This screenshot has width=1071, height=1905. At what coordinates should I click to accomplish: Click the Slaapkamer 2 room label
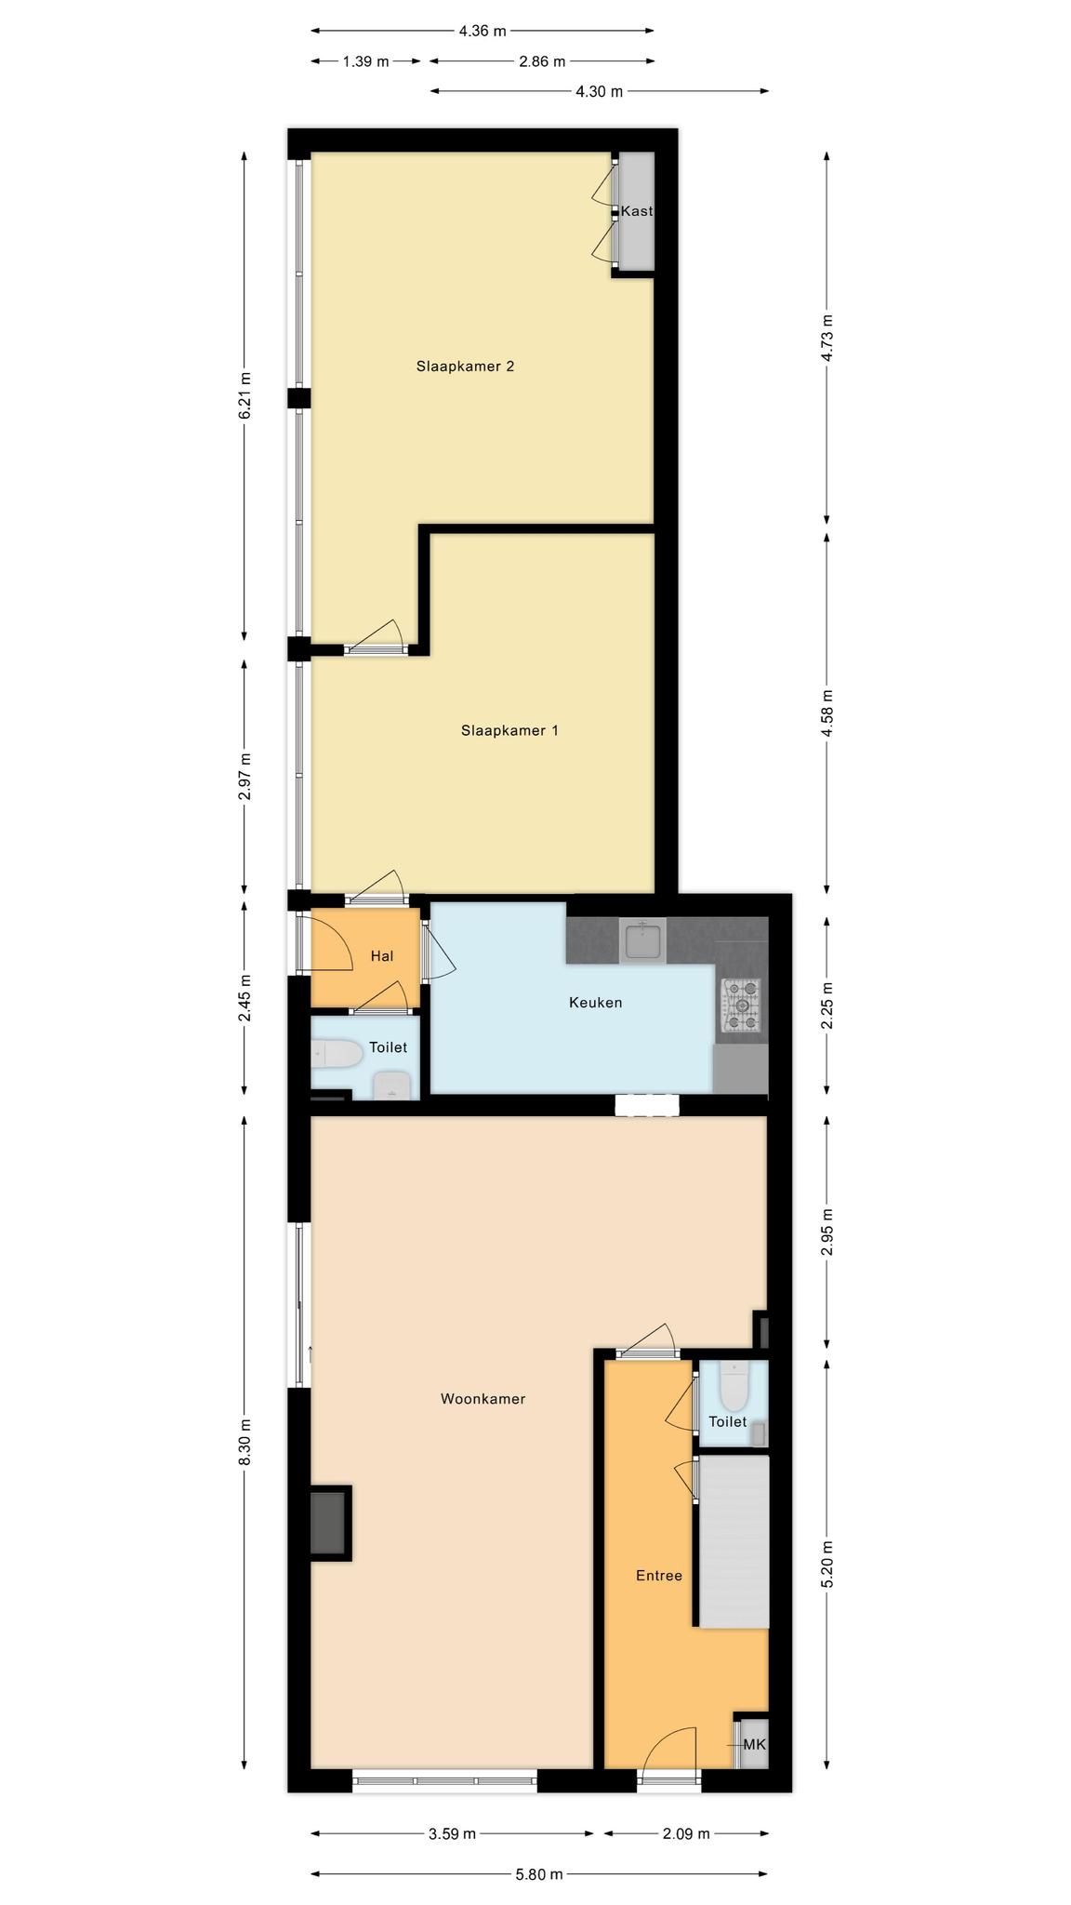(465, 366)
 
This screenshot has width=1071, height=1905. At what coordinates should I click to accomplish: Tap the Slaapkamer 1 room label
(509, 731)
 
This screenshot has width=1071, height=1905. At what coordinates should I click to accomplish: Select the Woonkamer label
(483, 1399)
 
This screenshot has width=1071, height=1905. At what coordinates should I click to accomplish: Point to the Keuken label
(595, 1003)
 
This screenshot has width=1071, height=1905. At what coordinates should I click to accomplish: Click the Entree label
(659, 1576)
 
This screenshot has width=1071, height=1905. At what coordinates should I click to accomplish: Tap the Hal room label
(382, 956)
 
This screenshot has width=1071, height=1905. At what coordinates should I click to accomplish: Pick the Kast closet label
(637, 211)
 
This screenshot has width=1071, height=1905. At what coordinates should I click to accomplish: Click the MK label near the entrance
(755, 1745)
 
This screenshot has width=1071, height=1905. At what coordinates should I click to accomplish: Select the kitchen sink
(642, 940)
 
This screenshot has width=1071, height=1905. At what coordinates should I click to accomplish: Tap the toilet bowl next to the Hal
(336, 1054)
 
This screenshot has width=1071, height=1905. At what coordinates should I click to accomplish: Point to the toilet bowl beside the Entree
(734, 1386)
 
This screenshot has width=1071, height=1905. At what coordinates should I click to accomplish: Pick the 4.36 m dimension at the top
(483, 31)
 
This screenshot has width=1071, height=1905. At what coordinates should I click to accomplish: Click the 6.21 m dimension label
(245, 396)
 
